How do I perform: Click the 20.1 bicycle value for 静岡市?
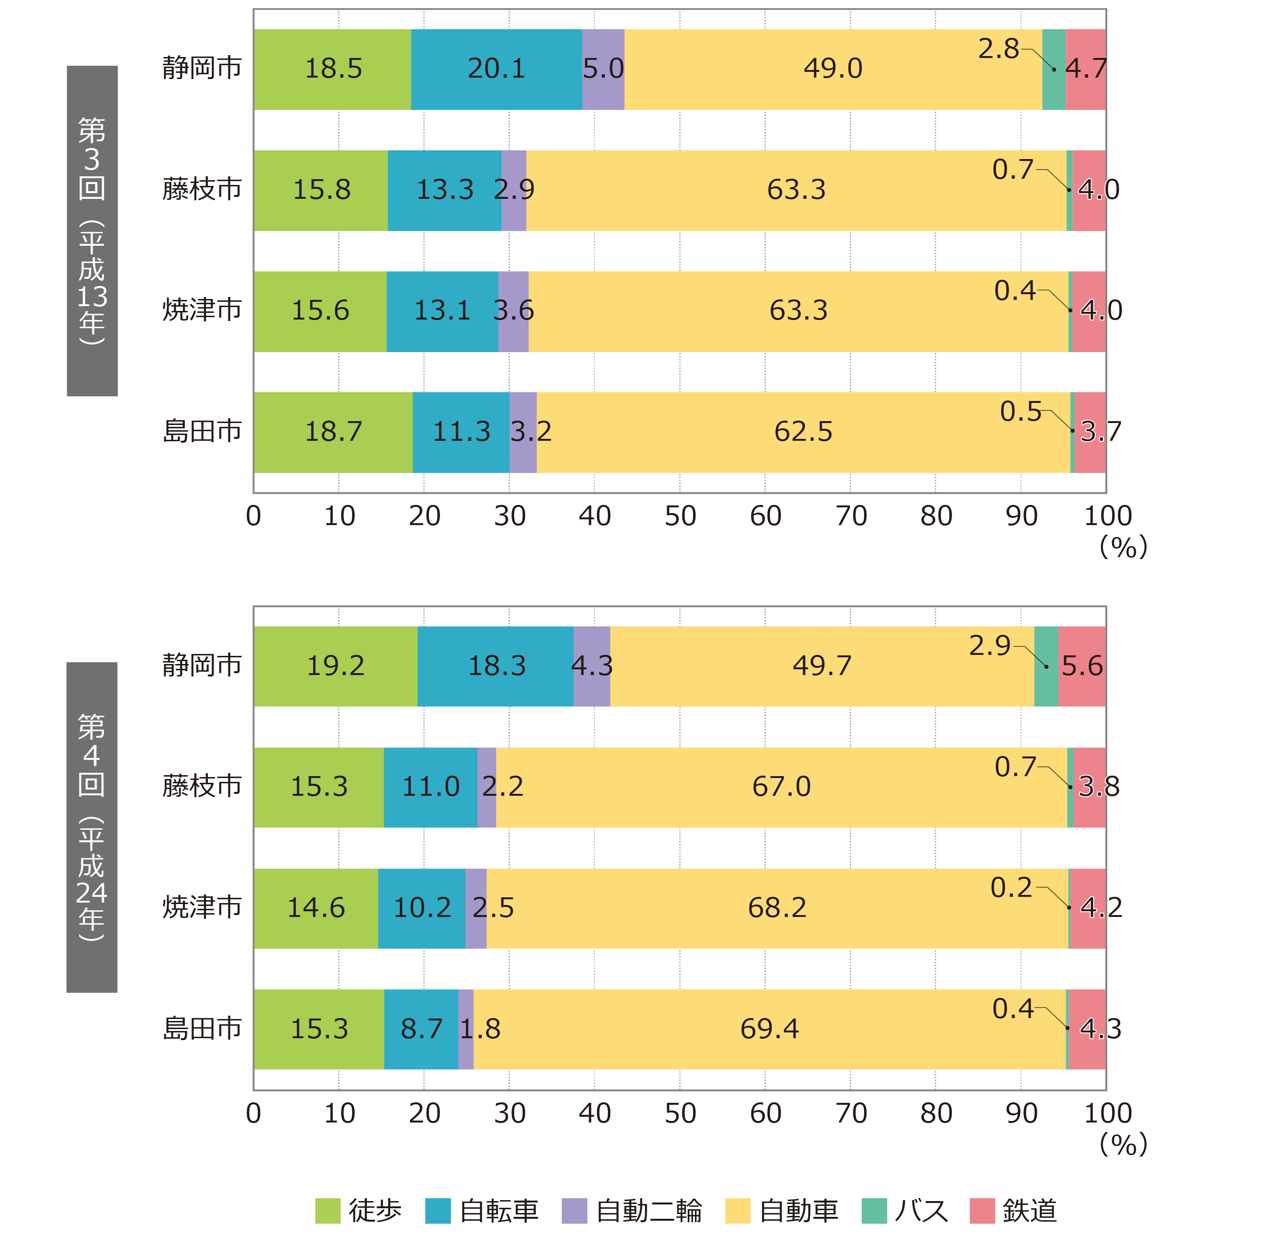pos(496,68)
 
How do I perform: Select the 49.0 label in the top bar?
pos(833,68)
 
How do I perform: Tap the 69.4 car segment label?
pos(769,1029)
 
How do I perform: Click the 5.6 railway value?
pos(1082,665)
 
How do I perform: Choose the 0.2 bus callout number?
pos(1011,888)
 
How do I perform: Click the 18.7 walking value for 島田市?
pos(333,432)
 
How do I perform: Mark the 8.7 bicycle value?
pos(421,1029)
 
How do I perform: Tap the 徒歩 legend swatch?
pos(328,1211)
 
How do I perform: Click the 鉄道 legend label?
pos(1030,1211)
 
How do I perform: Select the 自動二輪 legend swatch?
pos(575,1211)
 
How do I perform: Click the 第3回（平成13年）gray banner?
pos(92,230)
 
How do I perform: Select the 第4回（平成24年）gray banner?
pos(92,827)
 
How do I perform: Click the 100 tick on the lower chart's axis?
pos(1108,1113)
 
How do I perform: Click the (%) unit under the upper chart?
pos(1123,547)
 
